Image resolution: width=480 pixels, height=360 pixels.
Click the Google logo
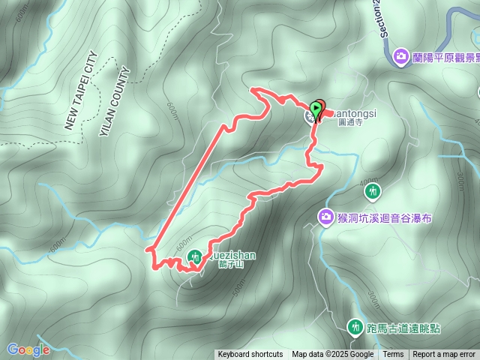(28, 349)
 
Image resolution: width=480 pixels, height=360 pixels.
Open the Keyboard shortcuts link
(250, 355)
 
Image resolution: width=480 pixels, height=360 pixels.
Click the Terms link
(393, 355)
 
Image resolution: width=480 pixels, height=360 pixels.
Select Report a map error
(444, 355)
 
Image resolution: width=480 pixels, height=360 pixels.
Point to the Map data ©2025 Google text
(333, 355)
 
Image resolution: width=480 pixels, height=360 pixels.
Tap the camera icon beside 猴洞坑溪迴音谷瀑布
(325, 217)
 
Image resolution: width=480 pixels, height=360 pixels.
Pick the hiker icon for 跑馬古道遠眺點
(355, 327)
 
